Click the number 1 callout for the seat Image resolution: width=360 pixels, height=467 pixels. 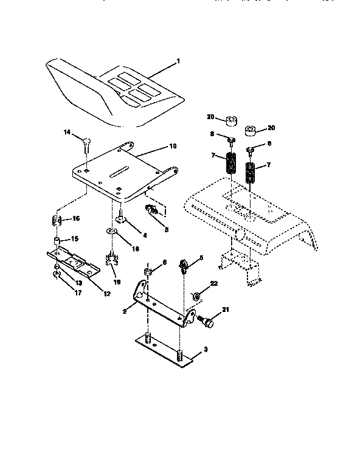pyautogui.click(x=179, y=61)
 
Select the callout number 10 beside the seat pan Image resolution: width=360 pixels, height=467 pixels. pyautogui.click(x=172, y=147)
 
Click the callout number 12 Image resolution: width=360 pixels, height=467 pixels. pyautogui.click(x=106, y=294)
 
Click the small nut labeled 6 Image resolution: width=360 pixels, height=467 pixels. pyautogui.click(x=147, y=271)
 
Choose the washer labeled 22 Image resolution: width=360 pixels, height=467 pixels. pyautogui.click(x=198, y=296)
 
